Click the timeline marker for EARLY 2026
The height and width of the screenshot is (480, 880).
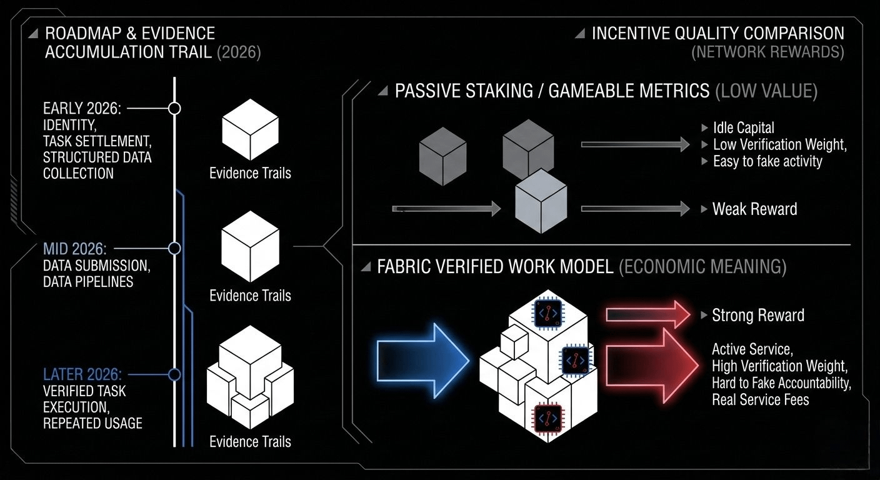tap(175, 108)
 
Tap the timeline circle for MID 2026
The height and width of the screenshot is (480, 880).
tap(175, 248)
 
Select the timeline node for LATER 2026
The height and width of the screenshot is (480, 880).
tap(175, 374)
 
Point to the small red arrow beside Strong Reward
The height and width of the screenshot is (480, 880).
tap(647, 314)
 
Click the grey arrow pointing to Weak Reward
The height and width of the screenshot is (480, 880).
tap(635, 209)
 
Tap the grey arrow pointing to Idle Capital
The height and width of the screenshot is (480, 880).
tap(635, 144)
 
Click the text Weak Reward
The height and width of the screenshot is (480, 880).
tap(754, 209)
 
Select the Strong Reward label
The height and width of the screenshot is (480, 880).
tap(757, 315)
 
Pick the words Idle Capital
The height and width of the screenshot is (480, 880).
tap(743, 128)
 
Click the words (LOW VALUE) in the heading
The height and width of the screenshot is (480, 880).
tap(766, 91)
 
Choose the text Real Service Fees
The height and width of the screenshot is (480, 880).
tap(761, 399)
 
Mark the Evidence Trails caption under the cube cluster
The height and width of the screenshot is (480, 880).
tap(250, 442)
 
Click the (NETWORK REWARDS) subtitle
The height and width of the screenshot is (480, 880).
tap(767, 52)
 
